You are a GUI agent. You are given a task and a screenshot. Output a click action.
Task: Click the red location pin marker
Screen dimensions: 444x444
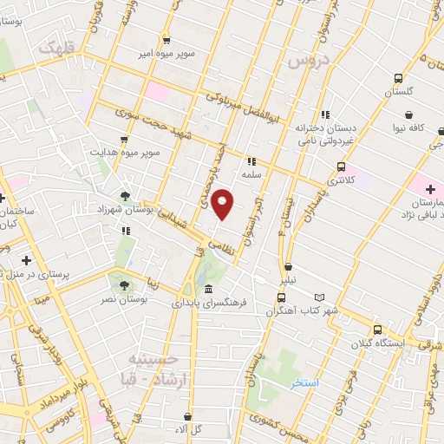[223, 205]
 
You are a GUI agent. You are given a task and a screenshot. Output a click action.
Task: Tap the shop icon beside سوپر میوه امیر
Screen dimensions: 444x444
[166, 40]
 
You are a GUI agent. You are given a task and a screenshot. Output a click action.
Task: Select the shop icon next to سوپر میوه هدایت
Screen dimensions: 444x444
[125, 139]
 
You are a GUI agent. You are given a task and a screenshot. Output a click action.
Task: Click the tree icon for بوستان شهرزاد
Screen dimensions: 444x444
[127, 196]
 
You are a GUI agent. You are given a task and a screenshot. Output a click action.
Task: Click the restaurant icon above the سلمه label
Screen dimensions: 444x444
[251, 160]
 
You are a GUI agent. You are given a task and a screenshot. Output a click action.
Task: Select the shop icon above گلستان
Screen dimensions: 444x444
[387, 76]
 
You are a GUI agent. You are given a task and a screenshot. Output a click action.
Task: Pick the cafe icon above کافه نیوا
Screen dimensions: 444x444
[409, 114]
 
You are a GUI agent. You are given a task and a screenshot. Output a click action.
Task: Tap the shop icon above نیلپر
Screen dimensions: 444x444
[289, 266]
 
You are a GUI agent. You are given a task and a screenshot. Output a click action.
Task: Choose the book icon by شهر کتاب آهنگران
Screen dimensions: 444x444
[320, 297]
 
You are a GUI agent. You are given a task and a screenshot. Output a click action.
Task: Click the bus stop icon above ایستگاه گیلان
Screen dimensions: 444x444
[377, 330]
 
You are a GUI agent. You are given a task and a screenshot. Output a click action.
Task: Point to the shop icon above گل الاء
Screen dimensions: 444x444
[188, 416]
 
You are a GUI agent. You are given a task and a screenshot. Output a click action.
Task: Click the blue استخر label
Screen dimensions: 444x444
[304, 382]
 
